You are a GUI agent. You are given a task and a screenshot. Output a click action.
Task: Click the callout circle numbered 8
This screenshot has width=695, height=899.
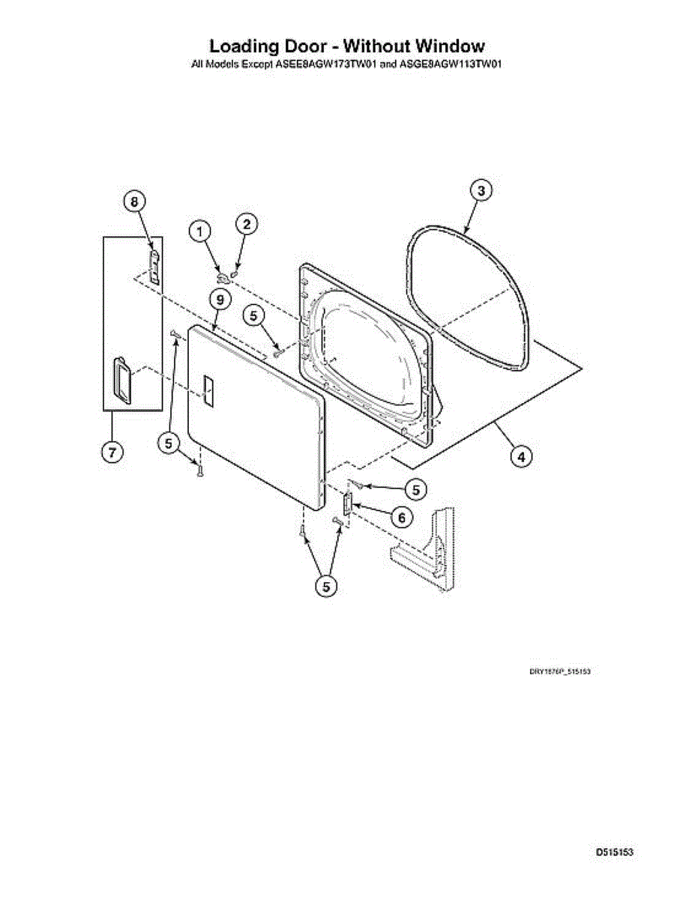click(x=133, y=202)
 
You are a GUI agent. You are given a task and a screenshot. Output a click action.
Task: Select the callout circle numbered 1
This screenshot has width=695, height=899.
click(x=199, y=231)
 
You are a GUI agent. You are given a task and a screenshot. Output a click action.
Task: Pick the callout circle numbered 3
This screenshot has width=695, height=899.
click(x=481, y=190)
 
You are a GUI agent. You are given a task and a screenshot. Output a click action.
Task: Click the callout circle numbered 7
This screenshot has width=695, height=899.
click(x=111, y=453)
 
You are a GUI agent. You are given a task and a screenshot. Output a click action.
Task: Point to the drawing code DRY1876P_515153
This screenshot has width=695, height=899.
click(x=561, y=672)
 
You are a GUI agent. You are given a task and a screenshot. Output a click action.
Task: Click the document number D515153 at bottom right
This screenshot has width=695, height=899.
click(x=615, y=853)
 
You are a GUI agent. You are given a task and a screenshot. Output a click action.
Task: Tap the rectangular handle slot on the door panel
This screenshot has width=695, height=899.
click(x=208, y=393)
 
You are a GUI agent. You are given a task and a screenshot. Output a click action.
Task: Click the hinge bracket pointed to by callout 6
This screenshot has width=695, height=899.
click(x=347, y=503)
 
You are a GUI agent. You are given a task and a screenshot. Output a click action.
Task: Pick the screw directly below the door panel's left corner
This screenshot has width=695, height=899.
click(x=199, y=470)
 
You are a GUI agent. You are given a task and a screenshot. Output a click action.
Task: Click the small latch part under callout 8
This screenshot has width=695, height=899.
click(x=154, y=267)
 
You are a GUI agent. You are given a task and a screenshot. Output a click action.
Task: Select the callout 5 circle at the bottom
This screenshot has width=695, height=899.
click(x=325, y=587)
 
